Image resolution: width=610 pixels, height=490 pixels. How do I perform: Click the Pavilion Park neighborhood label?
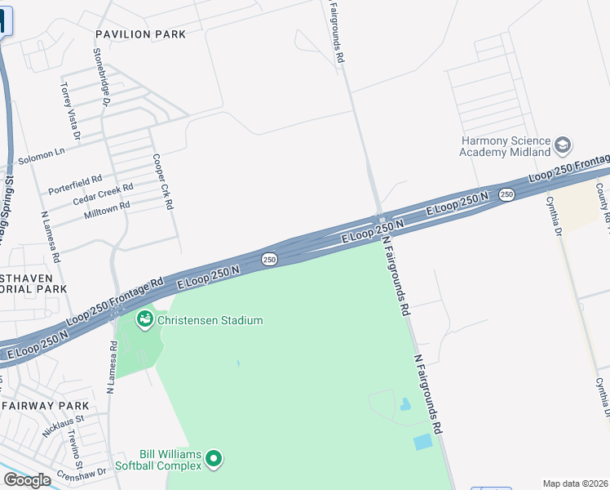(x=140, y=34)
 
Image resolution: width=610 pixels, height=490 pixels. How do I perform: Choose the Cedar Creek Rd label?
(x=103, y=194)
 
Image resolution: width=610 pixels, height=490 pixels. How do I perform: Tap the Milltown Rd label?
(x=107, y=211)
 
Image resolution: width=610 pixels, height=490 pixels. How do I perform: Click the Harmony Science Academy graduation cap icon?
(x=562, y=145)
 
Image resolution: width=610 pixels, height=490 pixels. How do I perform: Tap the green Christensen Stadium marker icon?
(x=145, y=319)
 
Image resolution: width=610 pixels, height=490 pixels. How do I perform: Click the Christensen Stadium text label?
(x=210, y=320)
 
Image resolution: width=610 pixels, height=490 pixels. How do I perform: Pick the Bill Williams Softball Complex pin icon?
(x=214, y=459)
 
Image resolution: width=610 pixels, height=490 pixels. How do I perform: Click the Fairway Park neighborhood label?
(x=45, y=405)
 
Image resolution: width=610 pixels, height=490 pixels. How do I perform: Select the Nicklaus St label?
(x=58, y=425)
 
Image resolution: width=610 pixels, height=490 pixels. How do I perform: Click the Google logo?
(x=27, y=480)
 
